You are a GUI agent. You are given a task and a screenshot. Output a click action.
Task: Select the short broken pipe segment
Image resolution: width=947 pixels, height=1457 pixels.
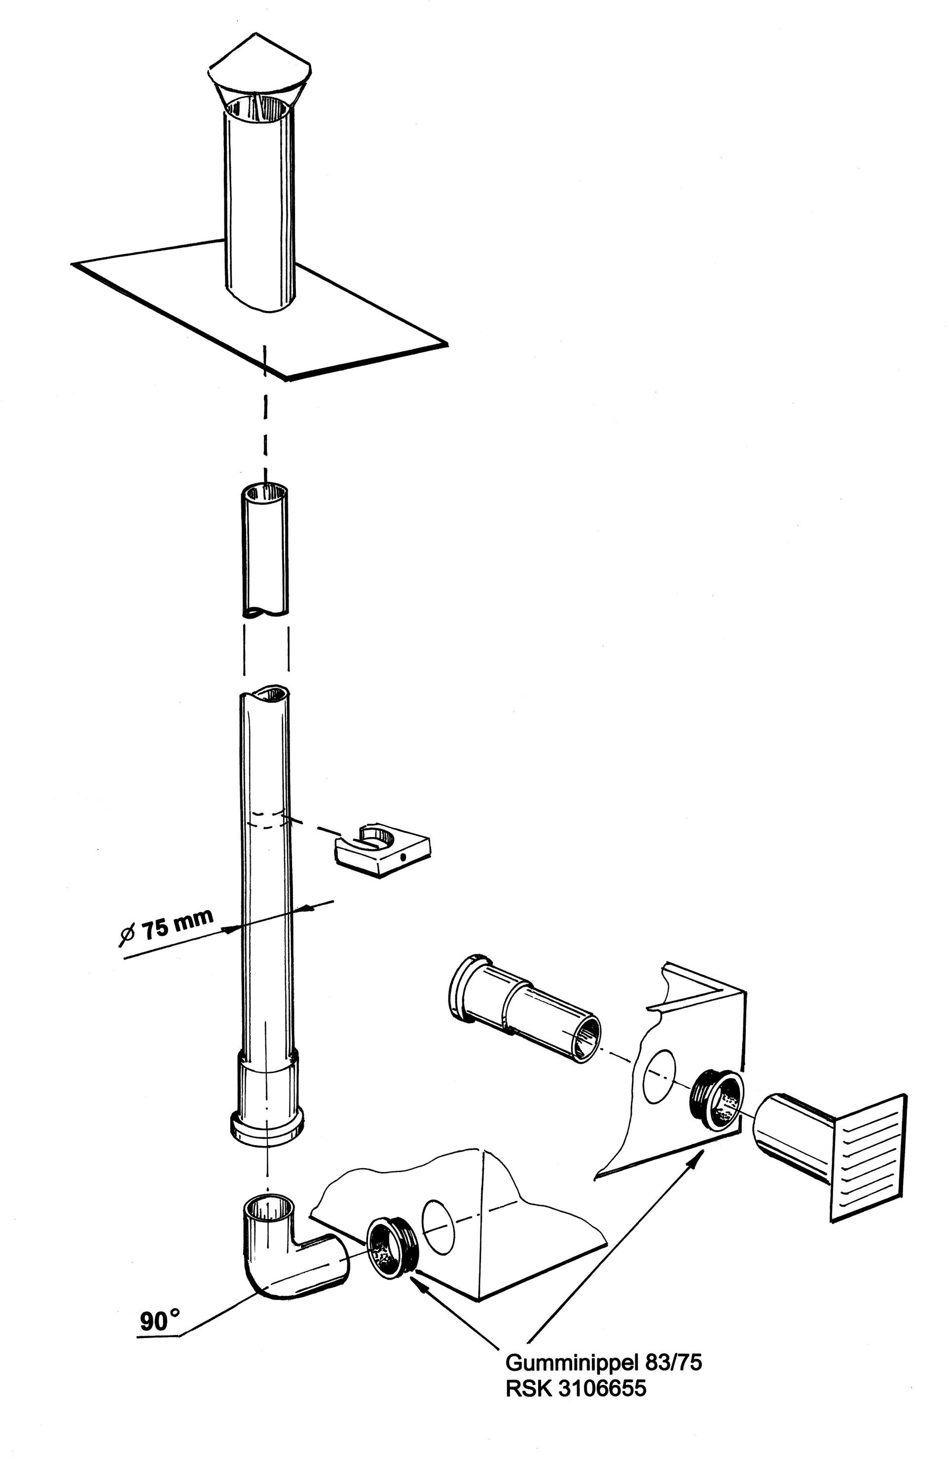click(x=265, y=551)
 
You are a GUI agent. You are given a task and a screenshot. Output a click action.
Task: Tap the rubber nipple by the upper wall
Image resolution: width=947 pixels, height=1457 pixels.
click(x=717, y=1099)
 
